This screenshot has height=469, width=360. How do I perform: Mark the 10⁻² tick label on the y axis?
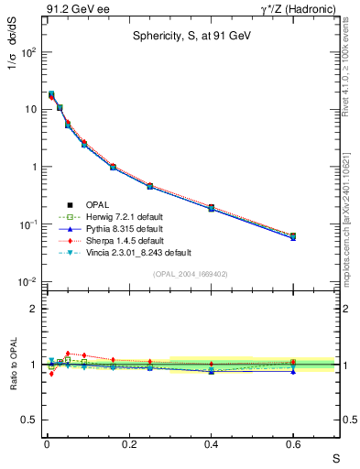click(x=27, y=282)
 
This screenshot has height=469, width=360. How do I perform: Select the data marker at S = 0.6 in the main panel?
click(x=293, y=235)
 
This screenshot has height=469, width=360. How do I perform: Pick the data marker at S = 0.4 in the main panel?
click(x=211, y=208)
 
